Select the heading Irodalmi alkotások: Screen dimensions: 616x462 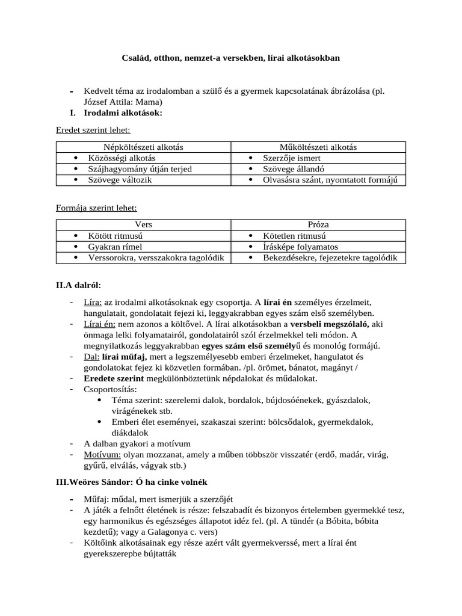(123, 112)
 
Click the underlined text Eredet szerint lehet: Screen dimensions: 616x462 (93, 130)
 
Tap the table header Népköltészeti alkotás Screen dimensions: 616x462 (143, 147)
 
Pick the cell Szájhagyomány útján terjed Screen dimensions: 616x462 (140, 169)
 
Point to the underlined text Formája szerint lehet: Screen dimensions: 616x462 (96, 208)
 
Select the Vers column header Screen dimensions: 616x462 (143, 225)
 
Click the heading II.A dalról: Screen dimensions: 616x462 (79, 285)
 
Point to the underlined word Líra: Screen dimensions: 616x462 (93, 302)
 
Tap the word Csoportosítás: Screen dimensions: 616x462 (110, 389)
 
